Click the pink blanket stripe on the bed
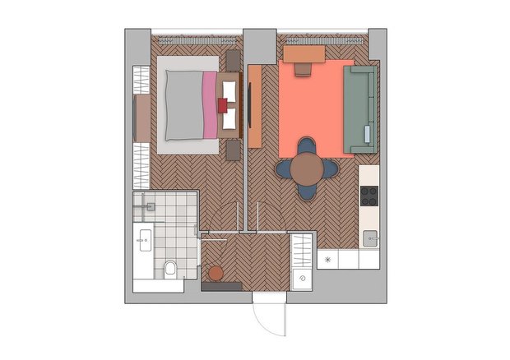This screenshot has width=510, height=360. pyautogui.click(x=210, y=104)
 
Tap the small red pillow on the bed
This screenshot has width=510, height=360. pyautogui.click(x=222, y=104)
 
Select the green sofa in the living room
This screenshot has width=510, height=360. pyautogui.click(x=359, y=109)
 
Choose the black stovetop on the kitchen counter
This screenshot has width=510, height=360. pyautogui.click(x=369, y=196)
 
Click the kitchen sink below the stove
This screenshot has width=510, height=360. pyautogui.click(x=371, y=239)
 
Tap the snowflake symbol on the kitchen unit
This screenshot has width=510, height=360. pyautogui.click(x=328, y=260)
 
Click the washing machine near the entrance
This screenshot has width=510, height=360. pyautogui.click(x=302, y=278)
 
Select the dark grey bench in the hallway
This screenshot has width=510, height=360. pyautogui.click(x=220, y=287)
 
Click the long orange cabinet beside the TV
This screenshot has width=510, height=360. pyautogui.click(x=254, y=105)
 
